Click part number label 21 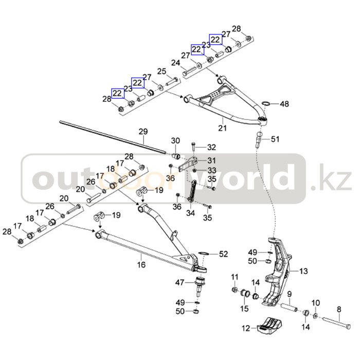tap(222, 127)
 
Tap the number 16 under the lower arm tap(141, 265)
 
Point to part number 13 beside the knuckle tap(303, 271)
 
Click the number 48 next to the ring tap(284, 104)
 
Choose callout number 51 tap(275, 139)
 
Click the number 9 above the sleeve tap(289, 295)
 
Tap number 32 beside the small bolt tap(211, 147)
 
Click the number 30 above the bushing tap(175, 141)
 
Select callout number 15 tap(244, 308)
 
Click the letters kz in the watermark tap(337, 180)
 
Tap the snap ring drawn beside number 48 tap(266, 104)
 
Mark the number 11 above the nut tap(235, 278)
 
